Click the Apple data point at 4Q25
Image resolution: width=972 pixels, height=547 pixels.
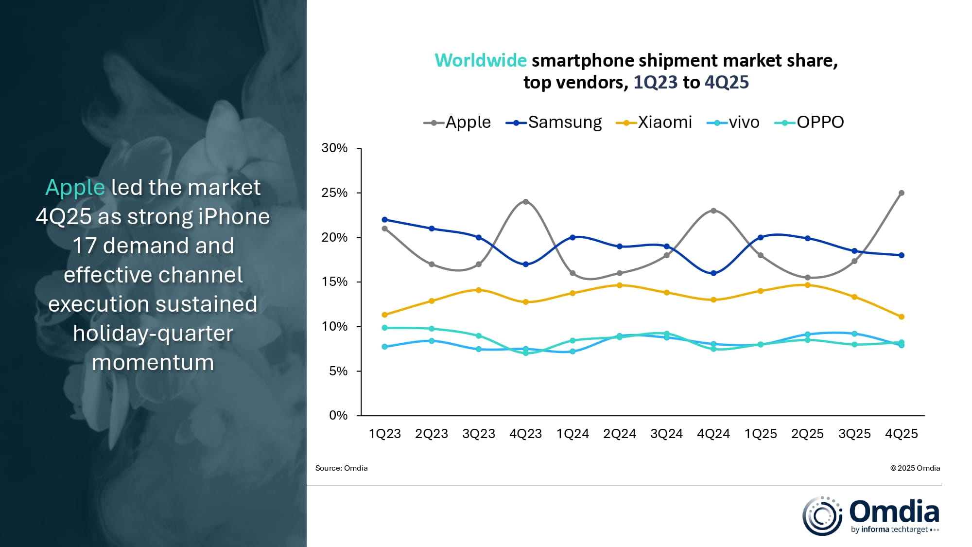(902, 193)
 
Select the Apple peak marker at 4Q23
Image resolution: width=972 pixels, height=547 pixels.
(526, 202)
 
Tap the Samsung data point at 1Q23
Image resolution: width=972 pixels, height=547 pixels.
(385, 220)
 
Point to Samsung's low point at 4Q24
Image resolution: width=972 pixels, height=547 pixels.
(713, 273)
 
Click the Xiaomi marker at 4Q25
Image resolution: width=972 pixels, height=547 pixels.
(902, 317)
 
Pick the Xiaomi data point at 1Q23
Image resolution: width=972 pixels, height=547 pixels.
(385, 315)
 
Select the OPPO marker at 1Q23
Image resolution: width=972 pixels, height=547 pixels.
(385, 328)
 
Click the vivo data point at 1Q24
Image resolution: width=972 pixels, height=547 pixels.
(573, 352)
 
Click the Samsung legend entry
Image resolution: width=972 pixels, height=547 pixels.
(554, 122)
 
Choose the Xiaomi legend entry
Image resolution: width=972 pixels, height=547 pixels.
(654, 122)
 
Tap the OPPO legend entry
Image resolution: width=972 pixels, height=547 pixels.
(810, 122)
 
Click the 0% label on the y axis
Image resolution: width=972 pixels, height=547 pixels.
(338, 416)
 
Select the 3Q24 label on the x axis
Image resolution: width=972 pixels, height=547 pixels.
(666, 434)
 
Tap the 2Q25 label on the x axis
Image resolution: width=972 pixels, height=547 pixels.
(807, 434)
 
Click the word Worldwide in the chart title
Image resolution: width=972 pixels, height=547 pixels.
(480, 61)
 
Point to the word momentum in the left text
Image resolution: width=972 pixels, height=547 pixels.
(153, 363)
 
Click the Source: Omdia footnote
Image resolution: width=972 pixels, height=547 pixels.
(341, 468)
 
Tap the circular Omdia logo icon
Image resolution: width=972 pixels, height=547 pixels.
(822, 516)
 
